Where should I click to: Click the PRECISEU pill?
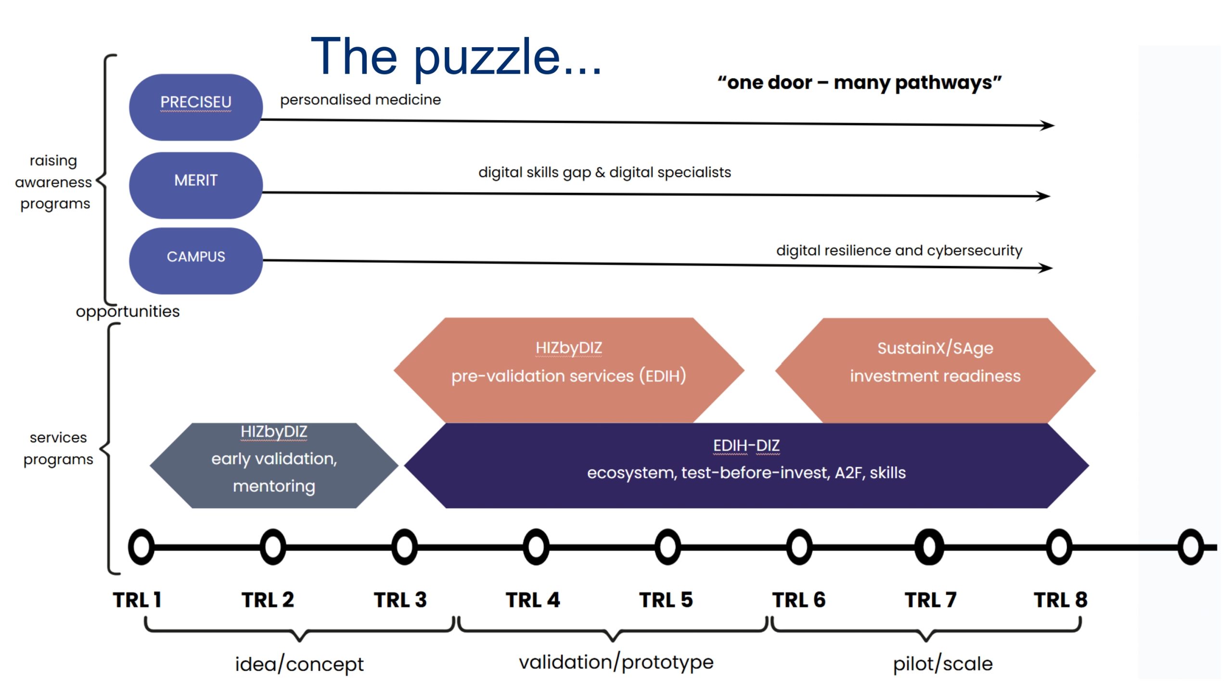(x=195, y=107)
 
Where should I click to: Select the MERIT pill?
(x=195, y=185)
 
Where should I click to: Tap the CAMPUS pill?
(x=195, y=260)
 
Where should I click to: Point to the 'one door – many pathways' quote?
(x=860, y=82)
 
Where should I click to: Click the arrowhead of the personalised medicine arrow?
(x=1047, y=125)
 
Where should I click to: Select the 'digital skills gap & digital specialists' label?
(x=604, y=172)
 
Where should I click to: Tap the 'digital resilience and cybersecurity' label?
(x=899, y=250)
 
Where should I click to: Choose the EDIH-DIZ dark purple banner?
(x=746, y=465)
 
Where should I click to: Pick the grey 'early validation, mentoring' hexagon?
(x=274, y=465)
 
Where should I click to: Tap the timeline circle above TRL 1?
(x=141, y=547)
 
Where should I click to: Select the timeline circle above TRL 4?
(x=536, y=547)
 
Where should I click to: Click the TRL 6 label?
(x=799, y=600)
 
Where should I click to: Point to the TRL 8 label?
(x=1061, y=600)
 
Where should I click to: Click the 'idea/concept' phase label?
(x=299, y=664)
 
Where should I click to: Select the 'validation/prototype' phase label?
(x=616, y=662)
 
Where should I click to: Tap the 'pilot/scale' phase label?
(x=943, y=664)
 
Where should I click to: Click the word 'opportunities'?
(x=128, y=311)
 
